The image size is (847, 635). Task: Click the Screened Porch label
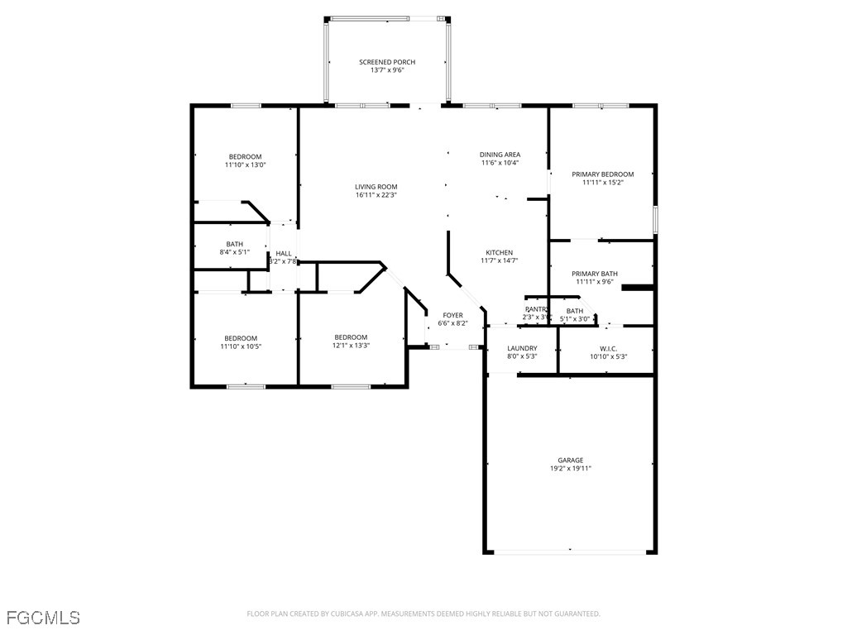pyautogui.click(x=387, y=62)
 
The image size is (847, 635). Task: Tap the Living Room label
pyautogui.click(x=376, y=187)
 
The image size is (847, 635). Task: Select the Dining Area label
pyautogui.click(x=500, y=155)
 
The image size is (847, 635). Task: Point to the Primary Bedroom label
pyautogui.click(x=602, y=174)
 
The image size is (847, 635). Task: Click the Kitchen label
pyautogui.click(x=499, y=253)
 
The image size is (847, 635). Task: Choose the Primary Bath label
pyautogui.click(x=594, y=274)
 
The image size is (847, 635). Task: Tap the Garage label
pyautogui.click(x=570, y=461)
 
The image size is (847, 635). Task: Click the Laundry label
pyautogui.click(x=522, y=348)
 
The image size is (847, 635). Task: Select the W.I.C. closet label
pyautogui.click(x=608, y=348)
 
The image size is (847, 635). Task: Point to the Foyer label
pyautogui.click(x=452, y=315)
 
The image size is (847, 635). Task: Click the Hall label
pyautogui.click(x=284, y=254)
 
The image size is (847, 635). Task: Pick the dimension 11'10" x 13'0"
pyautogui.click(x=245, y=165)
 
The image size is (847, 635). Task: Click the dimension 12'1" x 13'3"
pyautogui.click(x=351, y=346)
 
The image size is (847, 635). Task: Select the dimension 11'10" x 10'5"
pyautogui.click(x=241, y=346)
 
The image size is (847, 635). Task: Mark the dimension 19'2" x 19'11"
pyautogui.click(x=570, y=469)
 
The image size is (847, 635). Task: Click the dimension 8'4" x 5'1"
pyautogui.click(x=234, y=252)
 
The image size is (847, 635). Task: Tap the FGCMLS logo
pyautogui.click(x=43, y=618)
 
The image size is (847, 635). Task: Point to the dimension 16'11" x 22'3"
pyautogui.click(x=376, y=195)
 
